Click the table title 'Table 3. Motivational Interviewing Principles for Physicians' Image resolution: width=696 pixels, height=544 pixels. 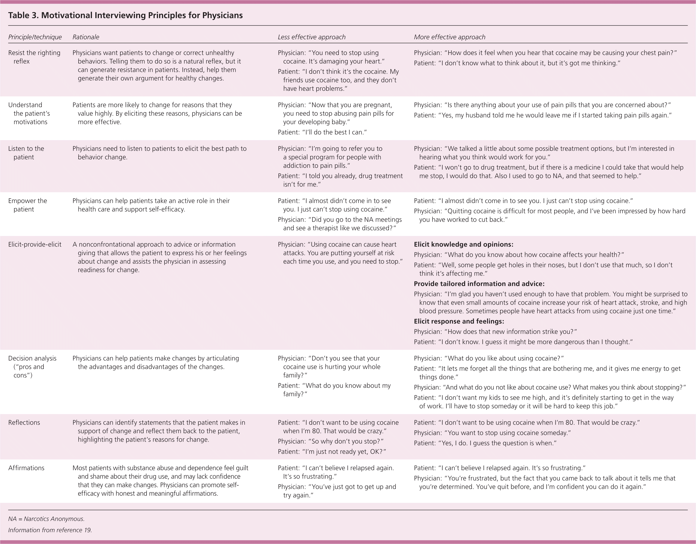[x=125, y=15]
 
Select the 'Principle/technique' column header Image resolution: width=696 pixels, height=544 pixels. [x=35, y=37]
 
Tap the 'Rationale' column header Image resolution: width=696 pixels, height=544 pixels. [x=86, y=37]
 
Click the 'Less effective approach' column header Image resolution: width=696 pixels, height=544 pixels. [x=311, y=37]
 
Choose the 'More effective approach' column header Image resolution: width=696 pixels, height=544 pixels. [x=449, y=37]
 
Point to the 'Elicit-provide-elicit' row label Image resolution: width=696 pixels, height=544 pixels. [x=35, y=244]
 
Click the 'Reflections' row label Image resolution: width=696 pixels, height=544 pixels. [x=24, y=423]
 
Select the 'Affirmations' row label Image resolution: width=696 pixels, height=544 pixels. [x=26, y=468]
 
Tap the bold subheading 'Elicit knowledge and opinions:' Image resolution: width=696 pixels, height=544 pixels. [x=463, y=244]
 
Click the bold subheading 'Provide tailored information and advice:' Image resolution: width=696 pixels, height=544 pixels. [x=479, y=284]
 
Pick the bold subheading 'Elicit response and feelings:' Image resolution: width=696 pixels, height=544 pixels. [x=459, y=321]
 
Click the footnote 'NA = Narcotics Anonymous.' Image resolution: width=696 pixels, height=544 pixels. [x=46, y=519]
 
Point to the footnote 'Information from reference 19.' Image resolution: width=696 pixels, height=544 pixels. [x=50, y=530]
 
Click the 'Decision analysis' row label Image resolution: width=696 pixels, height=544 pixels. [x=32, y=358]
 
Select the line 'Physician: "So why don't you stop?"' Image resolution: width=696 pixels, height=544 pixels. [x=330, y=441]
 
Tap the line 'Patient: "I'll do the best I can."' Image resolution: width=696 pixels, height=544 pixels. [x=322, y=132]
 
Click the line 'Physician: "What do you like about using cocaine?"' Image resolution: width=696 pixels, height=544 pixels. [x=489, y=358]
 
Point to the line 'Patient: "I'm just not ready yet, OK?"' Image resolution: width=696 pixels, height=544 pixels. [x=332, y=452]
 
